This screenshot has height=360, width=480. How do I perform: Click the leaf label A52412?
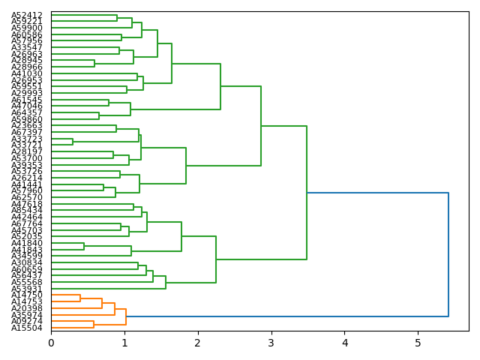pyautogui.click(x=27, y=15)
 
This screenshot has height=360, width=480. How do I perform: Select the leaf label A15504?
pyautogui.click(x=27, y=328)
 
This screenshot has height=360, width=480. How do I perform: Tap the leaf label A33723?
pyautogui.click(x=27, y=139)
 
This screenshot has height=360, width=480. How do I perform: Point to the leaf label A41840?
pyautogui.click(x=27, y=243)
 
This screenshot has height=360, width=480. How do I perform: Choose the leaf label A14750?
pyautogui.click(x=27, y=295)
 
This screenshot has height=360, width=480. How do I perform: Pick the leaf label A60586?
pyautogui.click(x=27, y=34)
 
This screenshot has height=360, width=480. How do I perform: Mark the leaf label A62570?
pyautogui.click(x=27, y=197)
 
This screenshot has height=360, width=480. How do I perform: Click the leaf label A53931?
pyautogui.click(x=27, y=289)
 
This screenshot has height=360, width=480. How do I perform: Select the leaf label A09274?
pyautogui.click(x=27, y=321)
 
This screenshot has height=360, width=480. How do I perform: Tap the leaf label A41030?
pyautogui.click(x=27, y=73)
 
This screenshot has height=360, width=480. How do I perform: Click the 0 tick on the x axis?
pyautogui.click(x=51, y=343)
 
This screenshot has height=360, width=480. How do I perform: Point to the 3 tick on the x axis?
pyautogui.click(x=271, y=343)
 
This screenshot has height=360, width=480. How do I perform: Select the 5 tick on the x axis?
pyautogui.click(x=418, y=343)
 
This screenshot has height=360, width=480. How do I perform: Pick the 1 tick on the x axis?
pyautogui.click(x=124, y=343)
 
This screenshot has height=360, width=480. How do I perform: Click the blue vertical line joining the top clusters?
pyautogui.click(x=448, y=254)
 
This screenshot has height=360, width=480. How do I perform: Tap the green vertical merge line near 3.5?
pyautogui.click(x=307, y=193)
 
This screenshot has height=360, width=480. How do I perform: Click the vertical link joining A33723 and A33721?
pyautogui.click(x=73, y=142)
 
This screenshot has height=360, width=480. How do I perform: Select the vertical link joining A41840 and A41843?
pyautogui.click(x=84, y=246)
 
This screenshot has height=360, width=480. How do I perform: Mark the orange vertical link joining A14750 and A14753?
pyautogui.click(x=80, y=298)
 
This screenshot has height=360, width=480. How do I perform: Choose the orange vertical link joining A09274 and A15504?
pyautogui.click(x=94, y=324)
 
